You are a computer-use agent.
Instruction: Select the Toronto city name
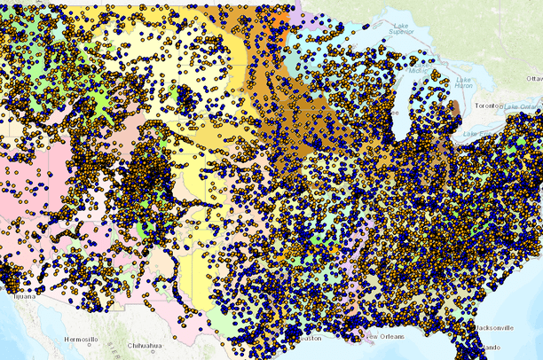[x=486, y=105]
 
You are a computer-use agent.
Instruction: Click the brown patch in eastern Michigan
[x=455, y=111]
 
